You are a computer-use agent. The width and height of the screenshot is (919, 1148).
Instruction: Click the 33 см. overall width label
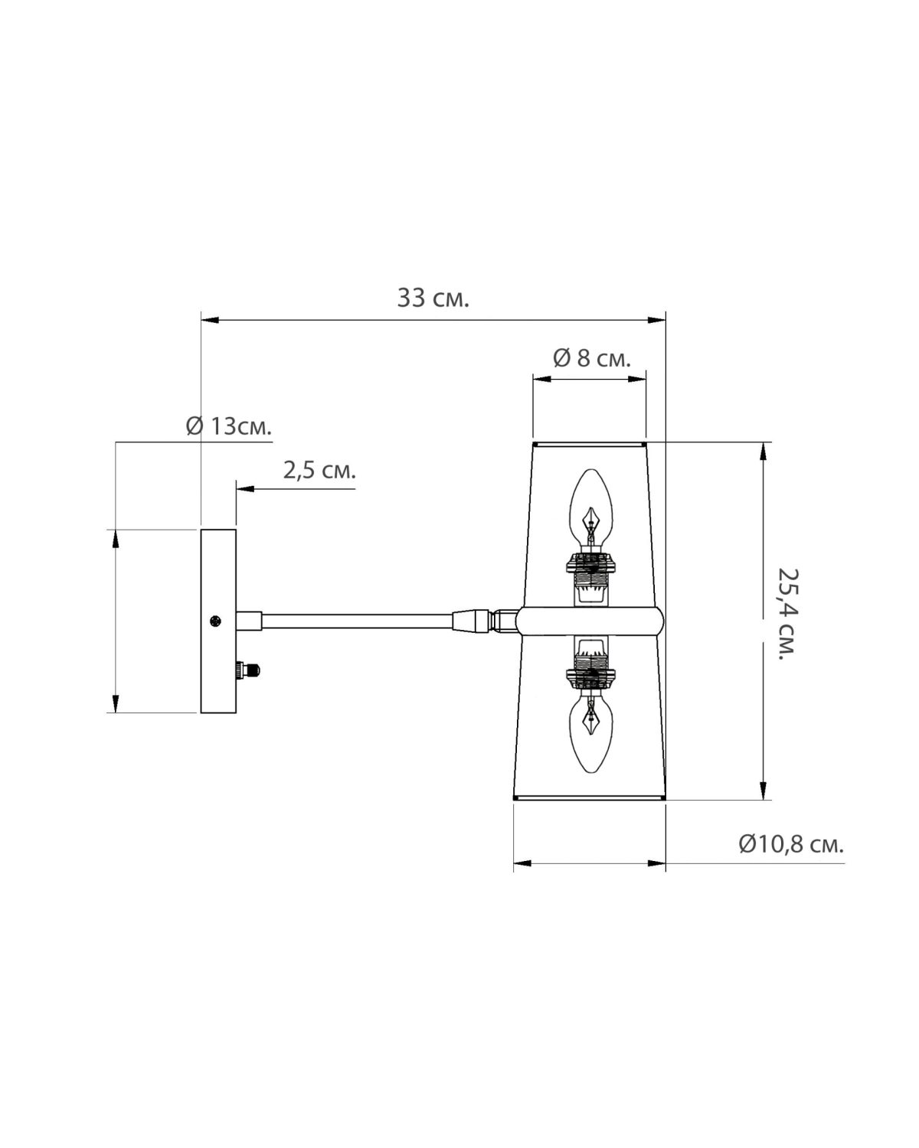pos(433,298)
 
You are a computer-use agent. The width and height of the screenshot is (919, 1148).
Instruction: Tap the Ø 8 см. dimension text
pos(592,358)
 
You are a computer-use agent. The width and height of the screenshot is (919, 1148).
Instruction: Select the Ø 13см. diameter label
pos(228,427)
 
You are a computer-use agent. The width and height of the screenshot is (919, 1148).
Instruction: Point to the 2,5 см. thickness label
pos(319,471)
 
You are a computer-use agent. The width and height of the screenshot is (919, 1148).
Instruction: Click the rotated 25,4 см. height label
pos(787,614)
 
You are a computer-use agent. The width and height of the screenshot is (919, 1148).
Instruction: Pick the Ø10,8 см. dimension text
pos(791,859)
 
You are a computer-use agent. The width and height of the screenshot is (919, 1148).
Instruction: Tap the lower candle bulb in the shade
pos(590,735)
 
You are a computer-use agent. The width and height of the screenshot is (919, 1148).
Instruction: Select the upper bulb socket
pos(590,579)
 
